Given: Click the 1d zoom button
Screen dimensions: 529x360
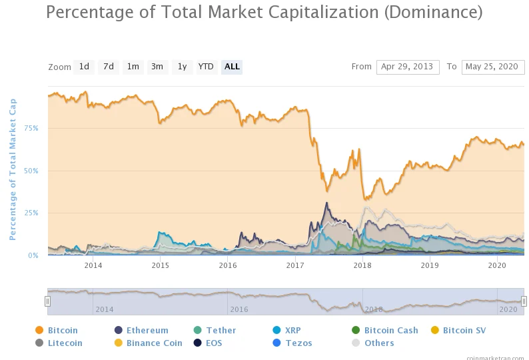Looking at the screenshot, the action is tap(84, 67).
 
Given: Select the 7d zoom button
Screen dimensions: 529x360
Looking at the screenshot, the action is tap(109, 67).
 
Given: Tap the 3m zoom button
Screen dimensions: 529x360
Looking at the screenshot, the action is tap(157, 67).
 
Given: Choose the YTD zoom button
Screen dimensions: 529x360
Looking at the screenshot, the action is tap(206, 67).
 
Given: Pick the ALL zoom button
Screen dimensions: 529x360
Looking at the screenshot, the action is tap(232, 67).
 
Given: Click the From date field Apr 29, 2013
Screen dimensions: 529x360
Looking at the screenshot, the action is tap(408, 67).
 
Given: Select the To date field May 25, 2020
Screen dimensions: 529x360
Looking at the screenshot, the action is tap(493, 67).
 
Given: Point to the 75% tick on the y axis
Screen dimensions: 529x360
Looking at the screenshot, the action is tap(31, 128).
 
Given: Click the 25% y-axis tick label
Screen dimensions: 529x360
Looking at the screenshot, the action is tap(31, 213).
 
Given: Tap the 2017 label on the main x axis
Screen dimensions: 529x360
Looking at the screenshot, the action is tap(295, 265).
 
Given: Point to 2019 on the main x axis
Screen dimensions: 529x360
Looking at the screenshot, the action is tap(430, 265).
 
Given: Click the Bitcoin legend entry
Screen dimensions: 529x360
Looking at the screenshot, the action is tap(57, 330).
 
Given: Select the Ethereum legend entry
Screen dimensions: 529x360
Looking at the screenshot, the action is tap(141, 330).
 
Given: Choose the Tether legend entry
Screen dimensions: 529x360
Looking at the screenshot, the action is tap(215, 330).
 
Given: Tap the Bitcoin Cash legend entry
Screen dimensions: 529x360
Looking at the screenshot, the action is tap(385, 330).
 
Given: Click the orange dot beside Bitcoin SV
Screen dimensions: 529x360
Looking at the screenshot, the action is tap(435, 330).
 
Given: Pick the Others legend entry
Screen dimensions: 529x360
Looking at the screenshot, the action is tap(373, 343).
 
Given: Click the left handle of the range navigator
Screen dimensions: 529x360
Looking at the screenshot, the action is tap(47, 301).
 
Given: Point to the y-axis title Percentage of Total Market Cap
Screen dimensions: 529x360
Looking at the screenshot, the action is tap(13, 169).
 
